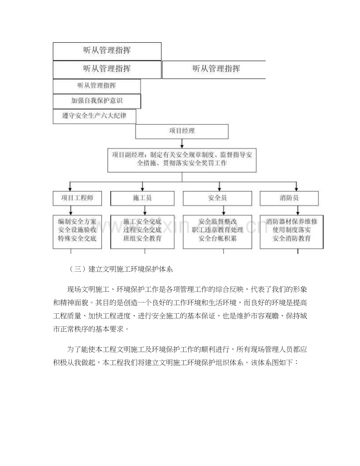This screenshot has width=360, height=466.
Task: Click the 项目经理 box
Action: point(182,131)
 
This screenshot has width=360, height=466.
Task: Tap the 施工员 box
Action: point(142,198)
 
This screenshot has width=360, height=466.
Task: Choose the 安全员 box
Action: point(218,198)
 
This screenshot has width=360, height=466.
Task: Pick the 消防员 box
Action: point(291,198)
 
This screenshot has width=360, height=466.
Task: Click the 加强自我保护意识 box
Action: point(97,101)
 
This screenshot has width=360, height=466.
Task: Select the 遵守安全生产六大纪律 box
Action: point(94,116)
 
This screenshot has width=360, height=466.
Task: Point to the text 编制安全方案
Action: point(77,221)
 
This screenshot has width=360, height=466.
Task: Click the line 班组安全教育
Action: point(142,238)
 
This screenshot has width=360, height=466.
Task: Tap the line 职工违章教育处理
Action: point(218,230)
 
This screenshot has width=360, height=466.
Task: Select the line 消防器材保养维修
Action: point(292,221)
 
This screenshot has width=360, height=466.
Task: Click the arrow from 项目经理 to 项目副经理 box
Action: point(182,143)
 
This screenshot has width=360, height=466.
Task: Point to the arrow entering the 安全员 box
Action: point(218,187)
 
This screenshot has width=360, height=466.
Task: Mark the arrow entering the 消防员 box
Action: point(291,187)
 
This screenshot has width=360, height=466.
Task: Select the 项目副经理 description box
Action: point(182,160)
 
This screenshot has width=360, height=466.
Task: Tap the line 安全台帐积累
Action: point(218,238)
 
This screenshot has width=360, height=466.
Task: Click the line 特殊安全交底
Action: point(77,238)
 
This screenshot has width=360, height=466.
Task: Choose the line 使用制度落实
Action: point(292,230)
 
